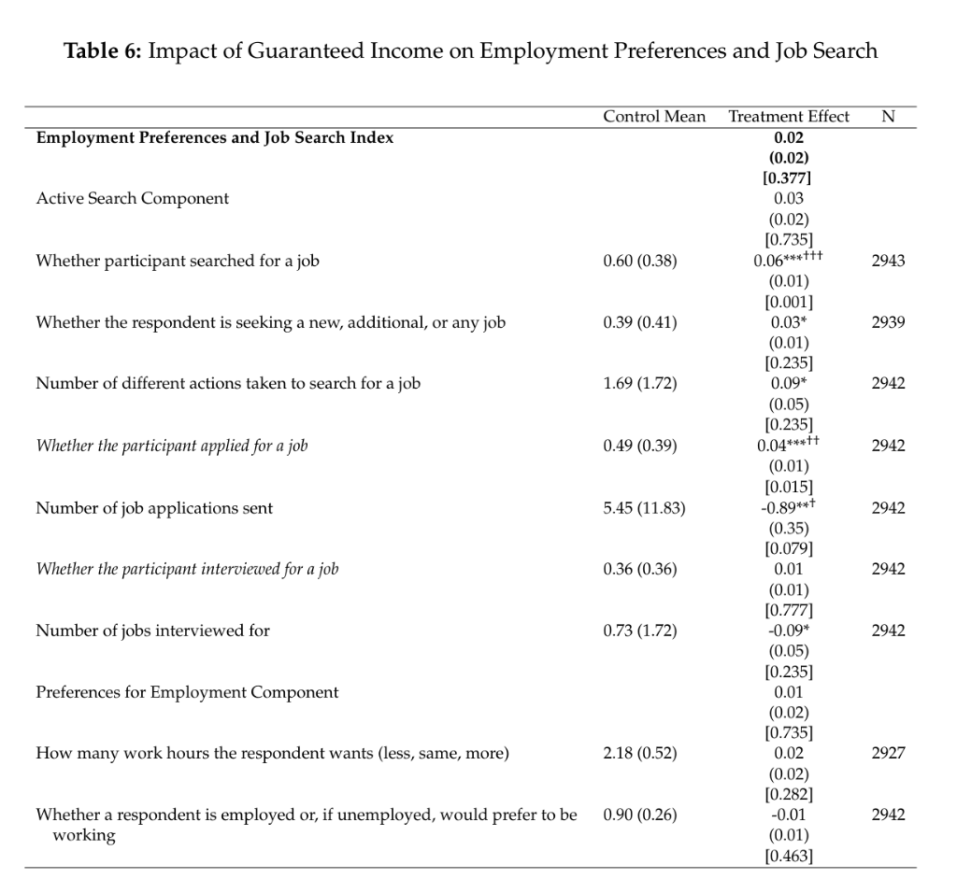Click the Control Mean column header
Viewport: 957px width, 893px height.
[x=654, y=117]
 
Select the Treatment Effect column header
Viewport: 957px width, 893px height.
[x=789, y=117]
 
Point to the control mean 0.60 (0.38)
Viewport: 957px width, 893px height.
[x=640, y=262]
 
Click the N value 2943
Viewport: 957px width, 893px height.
[x=888, y=262]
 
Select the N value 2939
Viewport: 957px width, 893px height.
[x=888, y=323]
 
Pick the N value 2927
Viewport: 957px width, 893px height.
[x=888, y=754]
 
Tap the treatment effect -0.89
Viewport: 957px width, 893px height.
[x=781, y=508]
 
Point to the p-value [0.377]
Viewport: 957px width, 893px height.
[x=789, y=178]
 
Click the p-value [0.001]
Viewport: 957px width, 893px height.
[x=789, y=302]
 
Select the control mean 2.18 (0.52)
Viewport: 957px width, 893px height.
[x=640, y=754]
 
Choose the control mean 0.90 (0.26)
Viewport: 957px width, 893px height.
[x=640, y=815]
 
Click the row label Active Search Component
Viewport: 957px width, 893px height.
[x=132, y=199]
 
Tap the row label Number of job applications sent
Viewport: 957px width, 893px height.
[x=154, y=508]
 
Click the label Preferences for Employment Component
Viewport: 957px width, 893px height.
[x=187, y=693]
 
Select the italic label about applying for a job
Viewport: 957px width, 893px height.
[x=171, y=446]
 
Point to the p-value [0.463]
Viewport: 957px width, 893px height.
[x=789, y=856]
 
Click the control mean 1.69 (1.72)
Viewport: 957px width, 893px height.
[x=640, y=384]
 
